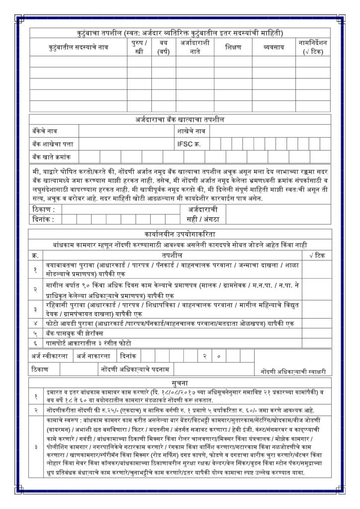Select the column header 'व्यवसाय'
point(273,47)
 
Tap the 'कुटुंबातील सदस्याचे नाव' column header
point(79,47)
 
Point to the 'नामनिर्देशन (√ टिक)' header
point(313,47)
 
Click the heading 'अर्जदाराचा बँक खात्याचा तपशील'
point(180,120)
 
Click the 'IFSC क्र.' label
point(190,144)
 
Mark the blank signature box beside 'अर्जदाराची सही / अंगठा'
point(281,214)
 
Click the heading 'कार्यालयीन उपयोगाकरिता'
point(180,234)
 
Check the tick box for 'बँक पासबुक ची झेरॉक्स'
point(316,334)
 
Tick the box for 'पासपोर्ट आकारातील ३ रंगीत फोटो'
point(316,343)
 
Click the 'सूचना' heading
point(180,383)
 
